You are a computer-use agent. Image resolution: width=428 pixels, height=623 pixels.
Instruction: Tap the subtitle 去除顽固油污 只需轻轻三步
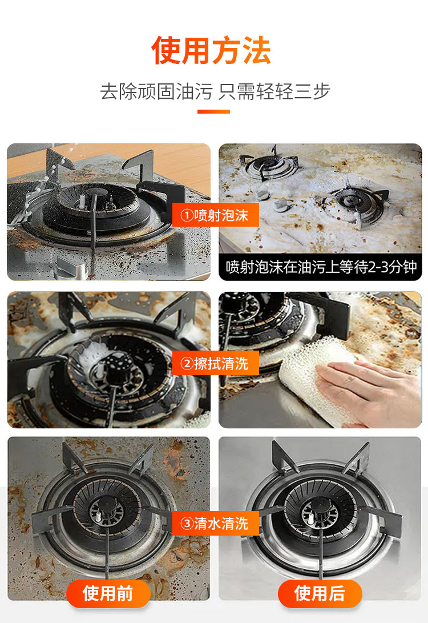tap(215, 91)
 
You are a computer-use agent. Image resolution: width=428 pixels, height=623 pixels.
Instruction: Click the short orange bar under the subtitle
tap(213, 112)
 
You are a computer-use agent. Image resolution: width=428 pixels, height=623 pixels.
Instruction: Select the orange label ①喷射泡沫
tap(215, 215)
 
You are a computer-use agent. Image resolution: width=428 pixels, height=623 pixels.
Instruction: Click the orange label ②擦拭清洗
tap(215, 363)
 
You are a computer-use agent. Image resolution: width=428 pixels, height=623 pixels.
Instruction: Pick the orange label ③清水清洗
tap(215, 522)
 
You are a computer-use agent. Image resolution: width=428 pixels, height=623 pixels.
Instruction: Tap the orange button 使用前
tap(108, 593)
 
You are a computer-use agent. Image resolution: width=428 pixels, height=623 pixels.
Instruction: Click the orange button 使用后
tap(320, 593)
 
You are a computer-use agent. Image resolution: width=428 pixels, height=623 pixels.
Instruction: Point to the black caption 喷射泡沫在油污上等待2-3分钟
tap(321, 267)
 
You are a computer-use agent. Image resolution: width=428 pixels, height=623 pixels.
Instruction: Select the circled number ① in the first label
tap(187, 215)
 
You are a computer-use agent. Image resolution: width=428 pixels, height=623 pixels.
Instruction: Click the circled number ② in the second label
tap(187, 363)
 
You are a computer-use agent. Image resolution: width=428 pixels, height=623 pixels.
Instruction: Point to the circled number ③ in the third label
tap(187, 522)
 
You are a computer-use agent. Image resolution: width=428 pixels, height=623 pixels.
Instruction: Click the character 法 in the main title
tap(256, 51)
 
